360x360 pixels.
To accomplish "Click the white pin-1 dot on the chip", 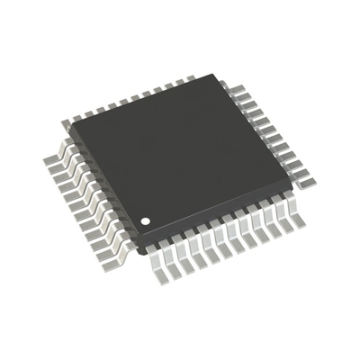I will coord(142,220).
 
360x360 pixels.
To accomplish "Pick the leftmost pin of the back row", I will coord(77,113).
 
